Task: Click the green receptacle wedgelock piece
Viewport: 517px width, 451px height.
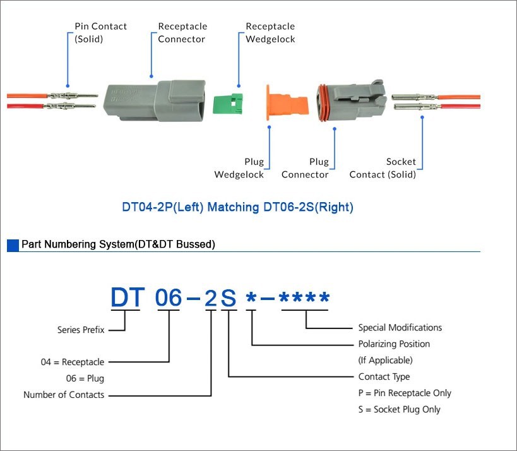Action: click(x=228, y=104)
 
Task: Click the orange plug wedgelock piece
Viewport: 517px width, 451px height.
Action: click(x=286, y=104)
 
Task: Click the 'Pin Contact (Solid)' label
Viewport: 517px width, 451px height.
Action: click(x=101, y=32)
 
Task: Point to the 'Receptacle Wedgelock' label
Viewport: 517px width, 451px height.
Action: click(x=270, y=32)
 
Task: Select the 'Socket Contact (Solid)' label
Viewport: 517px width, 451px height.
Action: click(x=383, y=168)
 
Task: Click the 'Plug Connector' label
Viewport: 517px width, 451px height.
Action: click(x=306, y=168)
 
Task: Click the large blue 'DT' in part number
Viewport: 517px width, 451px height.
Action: click(x=128, y=298)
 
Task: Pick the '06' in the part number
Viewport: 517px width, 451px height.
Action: click(x=169, y=298)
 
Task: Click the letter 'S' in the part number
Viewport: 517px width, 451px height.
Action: click(x=228, y=298)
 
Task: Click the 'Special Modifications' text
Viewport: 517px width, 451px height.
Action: click(x=400, y=327)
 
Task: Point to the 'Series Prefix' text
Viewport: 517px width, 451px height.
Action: click(x=80, y=330)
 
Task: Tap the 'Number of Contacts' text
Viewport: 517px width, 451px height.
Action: click(x=64, y=395)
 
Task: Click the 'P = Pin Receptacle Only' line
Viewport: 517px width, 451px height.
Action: click(x=405, y=393)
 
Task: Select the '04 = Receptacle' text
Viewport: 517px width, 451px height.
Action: click(x=73, y=362)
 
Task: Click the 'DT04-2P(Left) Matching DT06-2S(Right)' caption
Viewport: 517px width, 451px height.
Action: click(x=237, y=207)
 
